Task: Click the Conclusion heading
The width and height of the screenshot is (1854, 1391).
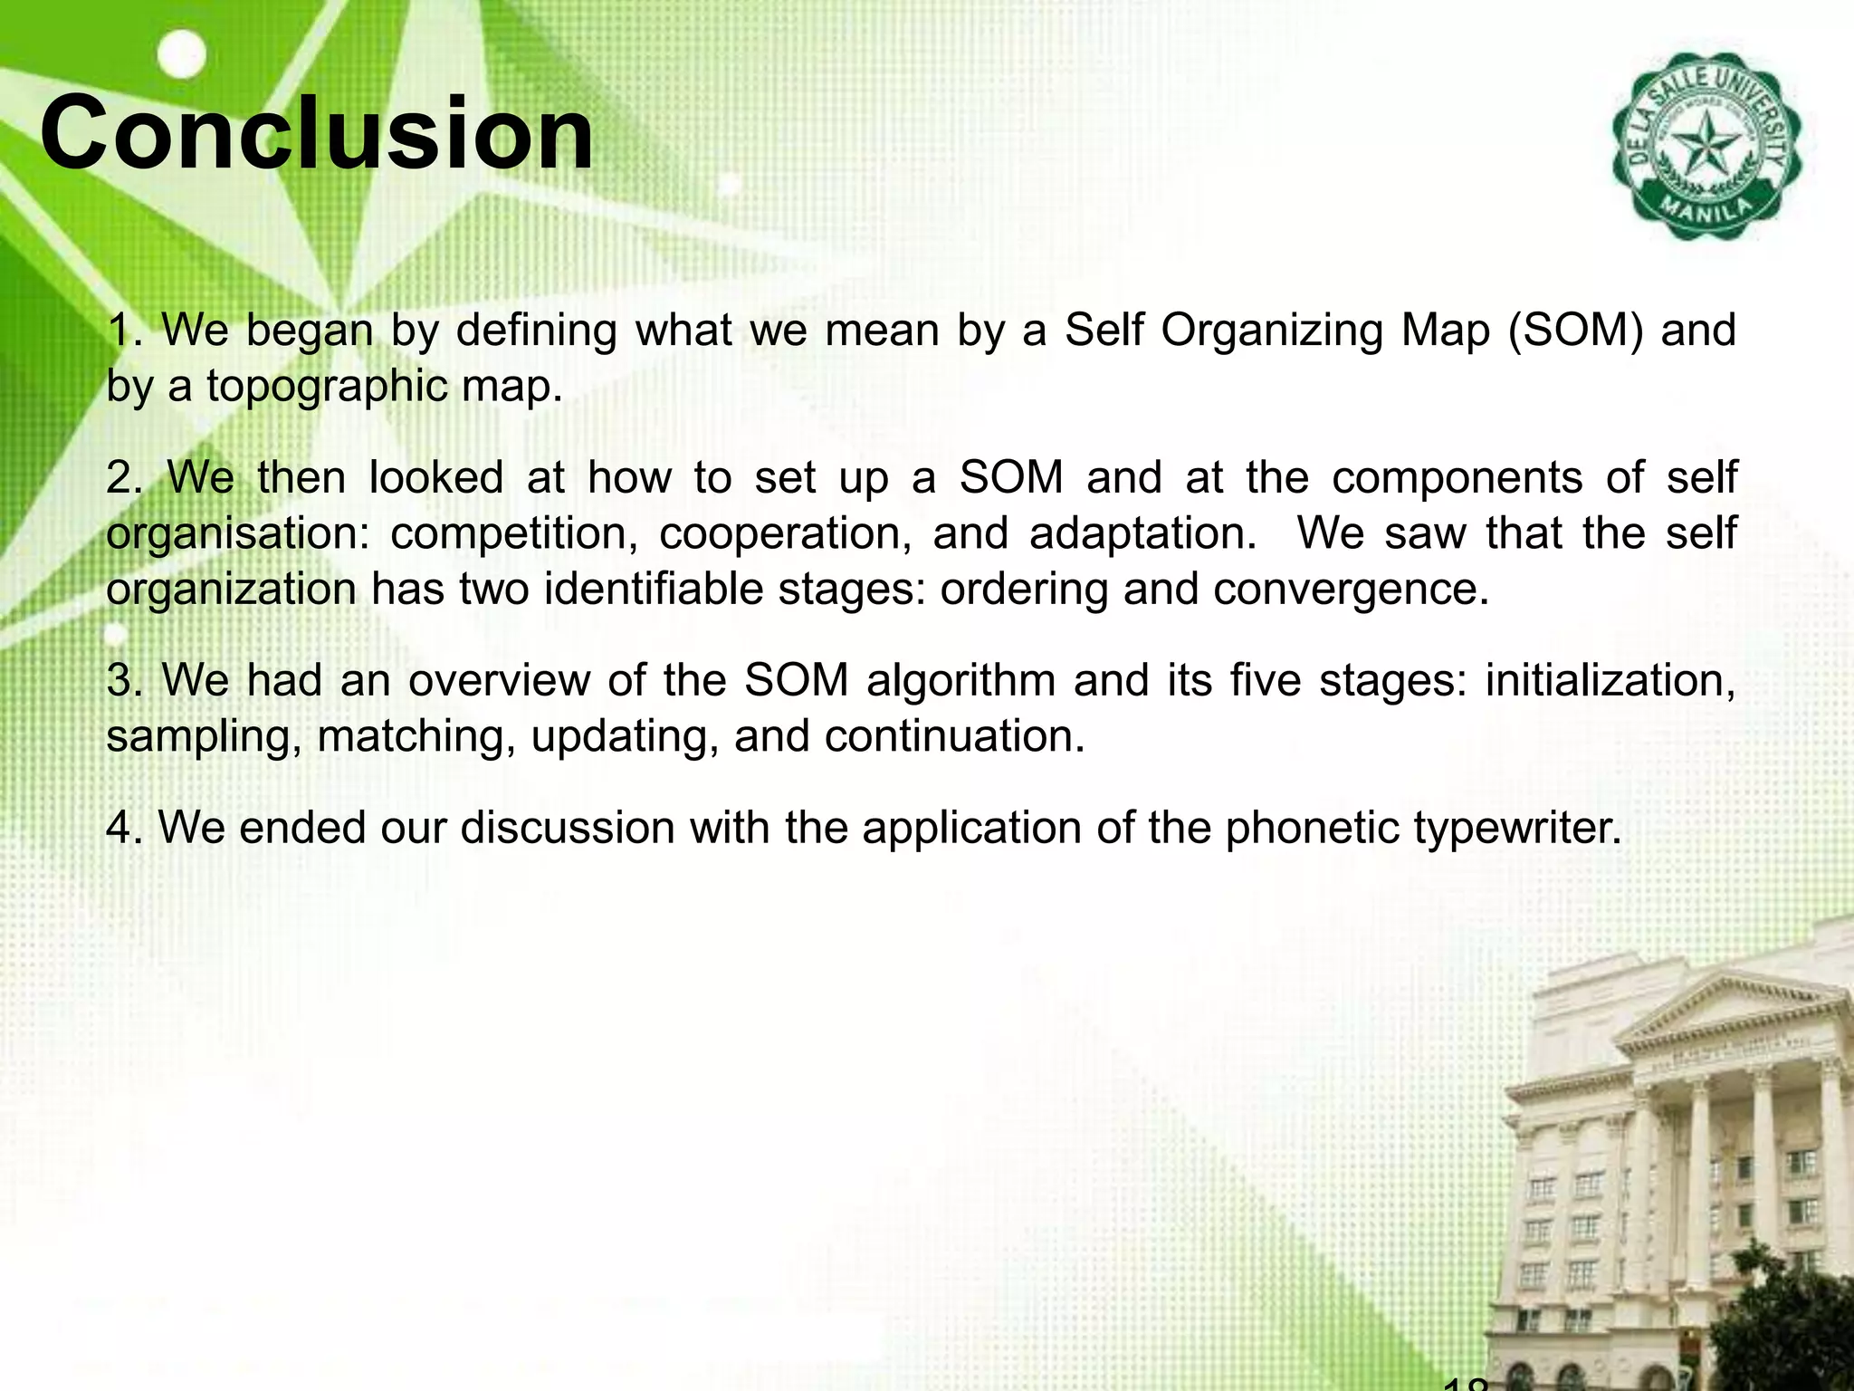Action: click(x=317, y=136)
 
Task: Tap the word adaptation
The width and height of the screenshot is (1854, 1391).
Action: click(x=1142, y=534)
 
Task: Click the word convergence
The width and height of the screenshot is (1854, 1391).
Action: click(x=1351, y=590)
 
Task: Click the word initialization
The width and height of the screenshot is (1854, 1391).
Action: click(x=1610, y=681)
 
